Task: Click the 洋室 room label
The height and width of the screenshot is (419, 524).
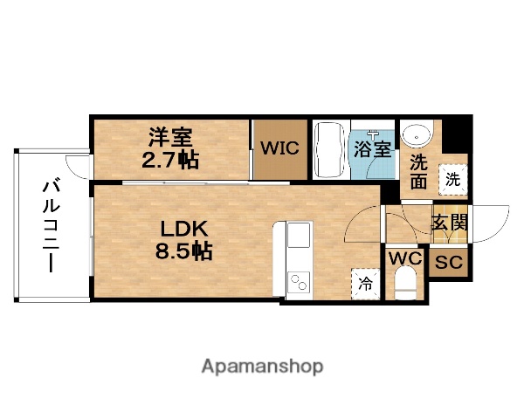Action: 169,137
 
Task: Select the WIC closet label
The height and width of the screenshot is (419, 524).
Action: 279,148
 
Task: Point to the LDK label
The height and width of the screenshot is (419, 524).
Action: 182,230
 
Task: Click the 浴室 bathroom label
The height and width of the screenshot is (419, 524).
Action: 373,148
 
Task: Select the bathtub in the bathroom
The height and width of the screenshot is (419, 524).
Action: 330,148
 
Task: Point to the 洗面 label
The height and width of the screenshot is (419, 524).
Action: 418,172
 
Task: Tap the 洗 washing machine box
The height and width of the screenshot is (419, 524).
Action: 452,179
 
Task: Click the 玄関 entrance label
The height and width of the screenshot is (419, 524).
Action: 448,222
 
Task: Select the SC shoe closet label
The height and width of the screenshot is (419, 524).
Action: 449,262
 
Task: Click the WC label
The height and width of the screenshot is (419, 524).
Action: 404,258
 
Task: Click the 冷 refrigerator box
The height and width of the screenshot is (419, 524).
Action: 365,282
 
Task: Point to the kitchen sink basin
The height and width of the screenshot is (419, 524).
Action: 299,236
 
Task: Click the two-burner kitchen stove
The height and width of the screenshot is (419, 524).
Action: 299,282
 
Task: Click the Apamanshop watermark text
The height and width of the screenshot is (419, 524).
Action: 262,366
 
